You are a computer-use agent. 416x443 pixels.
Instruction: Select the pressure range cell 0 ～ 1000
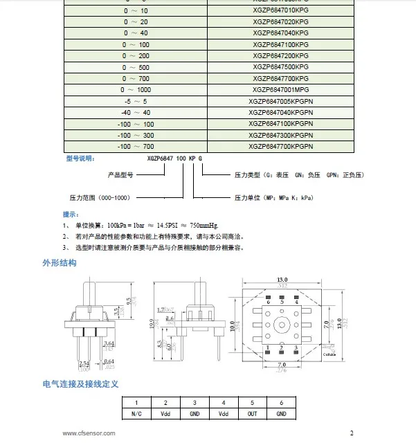click(135, 89)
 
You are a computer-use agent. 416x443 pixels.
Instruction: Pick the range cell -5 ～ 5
click(135, 101)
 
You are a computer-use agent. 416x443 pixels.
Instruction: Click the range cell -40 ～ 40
click(135, 112)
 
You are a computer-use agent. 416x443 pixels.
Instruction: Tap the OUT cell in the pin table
click(253, 413)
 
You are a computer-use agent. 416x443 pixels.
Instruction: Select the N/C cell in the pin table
click(136, 413)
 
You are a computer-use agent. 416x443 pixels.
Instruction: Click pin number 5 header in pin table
click(253, 402)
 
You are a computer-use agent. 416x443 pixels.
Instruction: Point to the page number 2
click(351, 434)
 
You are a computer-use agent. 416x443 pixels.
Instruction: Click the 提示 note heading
click(71, 215)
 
